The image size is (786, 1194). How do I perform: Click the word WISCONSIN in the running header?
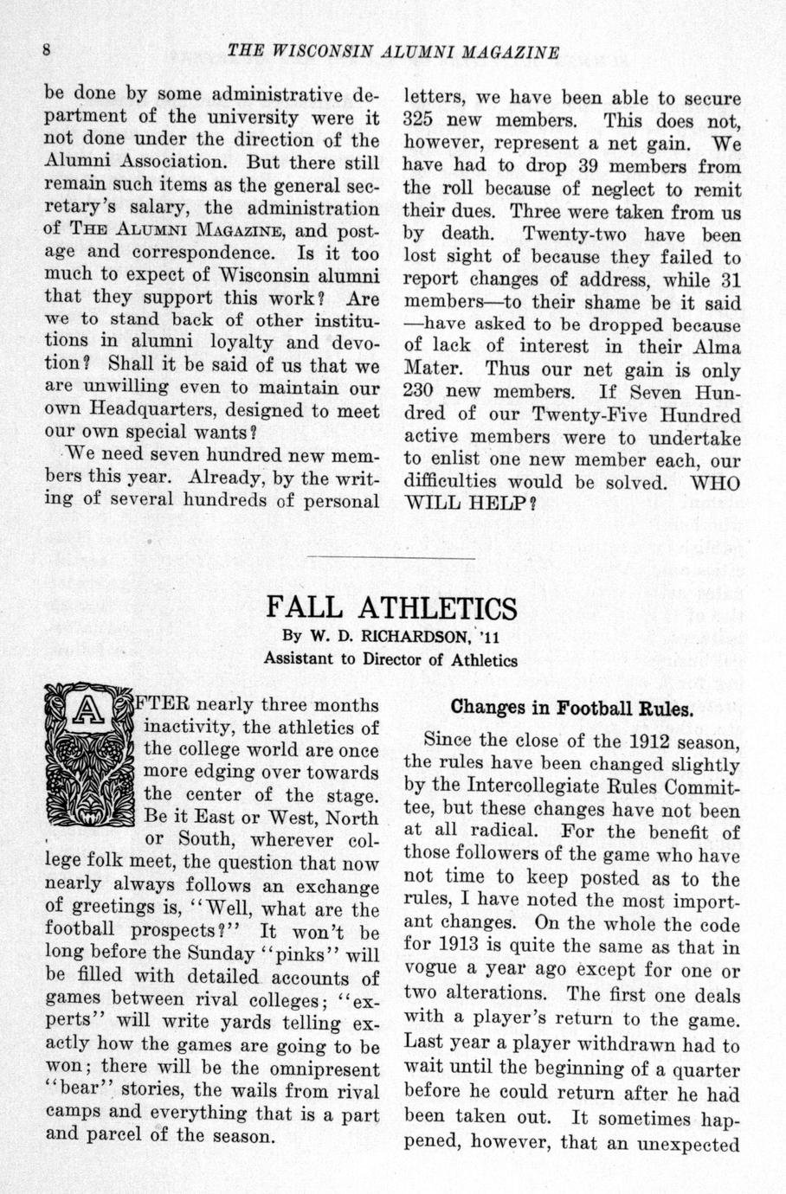tap(316, 52)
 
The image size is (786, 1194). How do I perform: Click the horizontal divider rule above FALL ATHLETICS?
tap(391, 557)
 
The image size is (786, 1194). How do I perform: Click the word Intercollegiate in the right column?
tap(532, 787)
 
